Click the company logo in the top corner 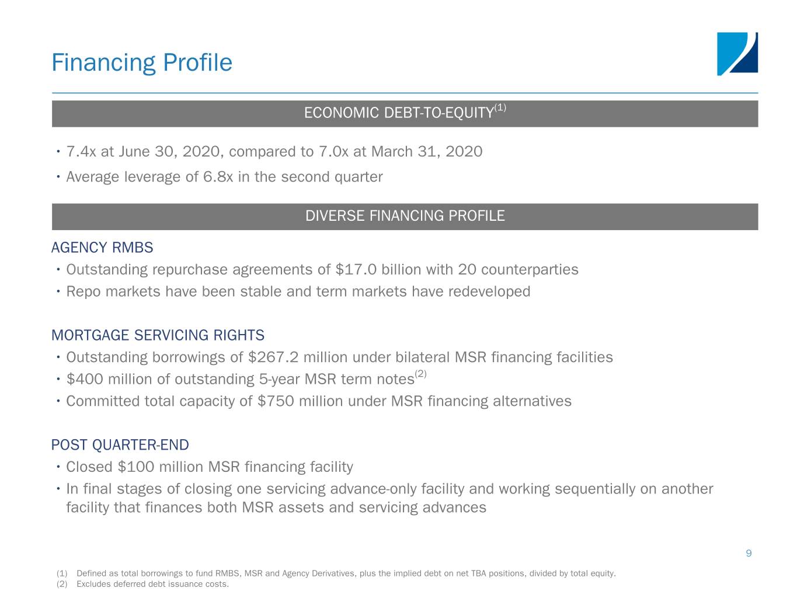coord(737,54)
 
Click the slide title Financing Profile coord(142,63)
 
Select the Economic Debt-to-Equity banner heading coord(405,112)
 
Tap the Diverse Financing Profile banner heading coord(405,215)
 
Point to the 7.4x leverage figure coord(81,151)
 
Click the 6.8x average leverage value coord(218,177)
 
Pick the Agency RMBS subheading coord(102,248)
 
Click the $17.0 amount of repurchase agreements coord(356,270)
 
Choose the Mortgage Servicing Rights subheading coord(158,335)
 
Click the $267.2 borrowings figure coord(273,357)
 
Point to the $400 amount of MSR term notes coord(85,380)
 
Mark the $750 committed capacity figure coord(276,401)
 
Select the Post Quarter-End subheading coord(120,445)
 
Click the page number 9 coord(749,554)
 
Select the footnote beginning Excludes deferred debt coord(152,584)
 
